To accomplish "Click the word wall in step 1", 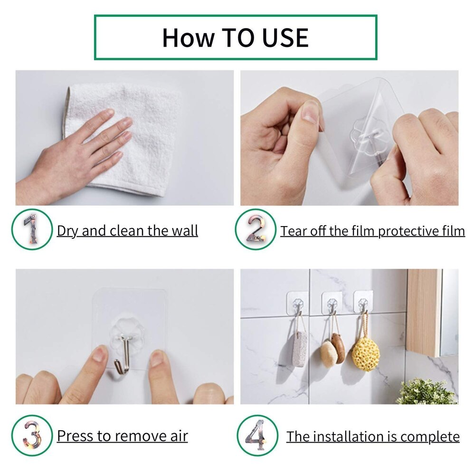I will [183, 231].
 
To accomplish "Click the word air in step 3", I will [178, 436].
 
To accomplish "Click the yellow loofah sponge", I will [366, 352].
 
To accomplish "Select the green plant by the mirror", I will [426, 392].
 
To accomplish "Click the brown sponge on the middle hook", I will [338, 347].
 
